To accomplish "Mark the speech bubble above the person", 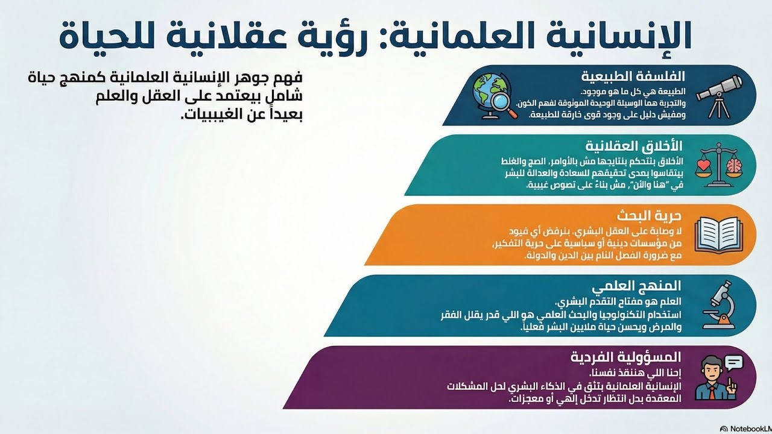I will point(733,363).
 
